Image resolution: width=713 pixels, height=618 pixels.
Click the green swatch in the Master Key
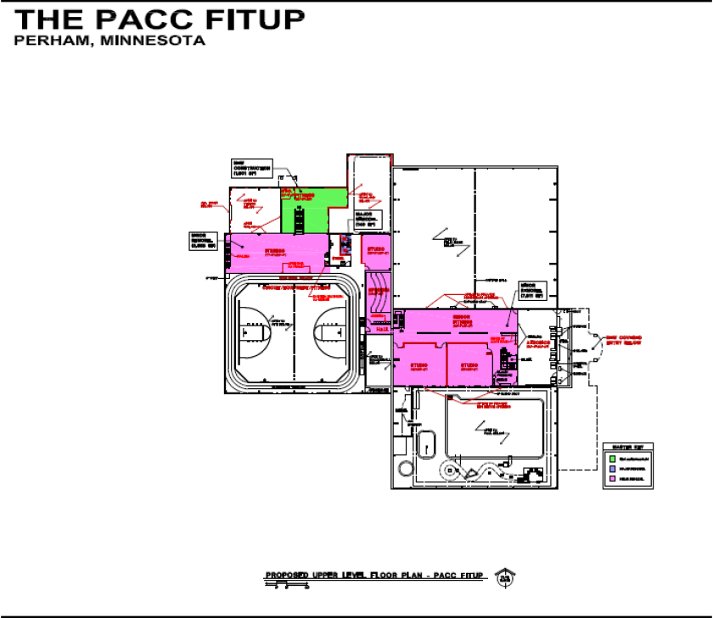(613, 458)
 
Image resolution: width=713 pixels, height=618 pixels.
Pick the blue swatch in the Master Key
(613, 468)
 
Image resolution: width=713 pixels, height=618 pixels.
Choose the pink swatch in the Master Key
(613, 479)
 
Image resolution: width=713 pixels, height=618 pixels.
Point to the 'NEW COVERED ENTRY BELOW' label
(621, 340)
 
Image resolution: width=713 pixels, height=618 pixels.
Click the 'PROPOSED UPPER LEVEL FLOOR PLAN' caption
(373, 576)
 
